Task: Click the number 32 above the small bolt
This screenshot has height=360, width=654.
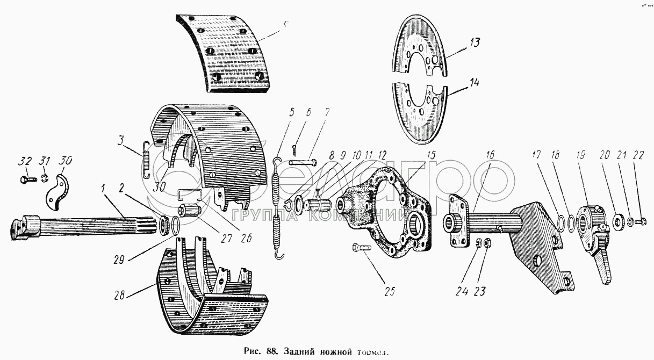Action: click(24, 161)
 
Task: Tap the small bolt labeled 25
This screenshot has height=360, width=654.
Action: click(364, 248)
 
